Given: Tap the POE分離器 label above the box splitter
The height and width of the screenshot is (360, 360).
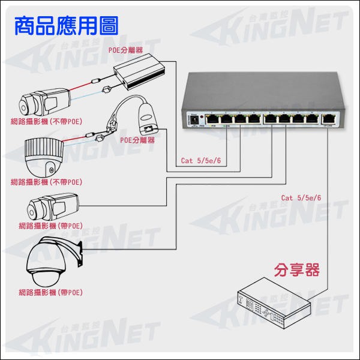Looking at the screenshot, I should click(125, 50).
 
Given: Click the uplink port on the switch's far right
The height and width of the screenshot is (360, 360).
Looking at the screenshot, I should click(329, 118).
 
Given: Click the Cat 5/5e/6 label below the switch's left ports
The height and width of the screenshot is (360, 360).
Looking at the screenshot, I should click(201, 161).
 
